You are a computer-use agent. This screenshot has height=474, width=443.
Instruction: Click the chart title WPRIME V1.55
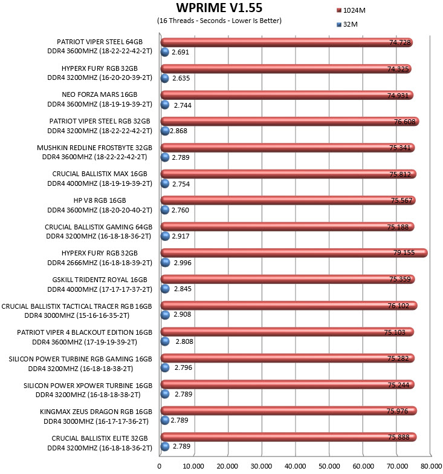click(219, 8)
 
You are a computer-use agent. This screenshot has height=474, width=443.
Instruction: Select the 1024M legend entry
click(351, 10)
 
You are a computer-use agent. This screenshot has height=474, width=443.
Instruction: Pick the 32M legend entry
click(347, 24)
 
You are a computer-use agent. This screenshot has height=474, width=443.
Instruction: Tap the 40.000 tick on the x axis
click(295, 466)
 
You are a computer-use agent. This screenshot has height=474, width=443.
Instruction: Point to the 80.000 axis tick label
click(432, 466)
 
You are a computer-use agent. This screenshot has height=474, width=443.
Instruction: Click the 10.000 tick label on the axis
click(193, 466)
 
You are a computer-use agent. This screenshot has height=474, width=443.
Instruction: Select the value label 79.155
click(404, 252)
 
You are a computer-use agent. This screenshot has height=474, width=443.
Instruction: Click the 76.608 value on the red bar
click(405, 122)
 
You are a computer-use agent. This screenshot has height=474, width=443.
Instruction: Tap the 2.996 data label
click(183, 263)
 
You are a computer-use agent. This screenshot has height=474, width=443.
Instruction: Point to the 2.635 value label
click(181, 78)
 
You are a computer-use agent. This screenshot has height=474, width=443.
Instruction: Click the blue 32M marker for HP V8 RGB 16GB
click(165, 210)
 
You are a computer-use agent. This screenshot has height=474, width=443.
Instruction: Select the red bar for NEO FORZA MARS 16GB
click(287, 95)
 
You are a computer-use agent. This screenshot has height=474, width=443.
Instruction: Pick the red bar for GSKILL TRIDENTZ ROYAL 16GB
click(288, 279)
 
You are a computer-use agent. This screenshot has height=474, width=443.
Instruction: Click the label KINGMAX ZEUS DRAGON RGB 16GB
click(96, 412)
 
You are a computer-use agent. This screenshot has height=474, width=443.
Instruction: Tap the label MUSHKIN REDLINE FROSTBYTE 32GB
click(94, 148)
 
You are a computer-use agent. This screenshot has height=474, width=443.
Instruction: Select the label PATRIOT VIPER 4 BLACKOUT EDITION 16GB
click(85, 332)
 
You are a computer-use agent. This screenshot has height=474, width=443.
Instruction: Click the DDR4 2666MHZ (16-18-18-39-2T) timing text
click(100, 263)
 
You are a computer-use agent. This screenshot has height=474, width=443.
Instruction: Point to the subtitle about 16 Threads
click(219, 21)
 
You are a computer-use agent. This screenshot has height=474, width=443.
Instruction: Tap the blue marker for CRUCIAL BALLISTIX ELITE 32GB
click(165, 447)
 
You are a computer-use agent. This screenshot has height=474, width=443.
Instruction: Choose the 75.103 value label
click(395, 332)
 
